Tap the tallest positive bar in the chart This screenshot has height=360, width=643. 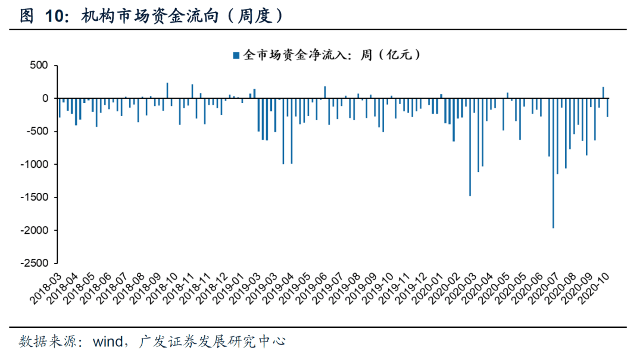click(x=167, y=90)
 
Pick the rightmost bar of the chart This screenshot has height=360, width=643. click(x=607, y=107)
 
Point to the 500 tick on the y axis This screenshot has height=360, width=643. click(x=38, y=65)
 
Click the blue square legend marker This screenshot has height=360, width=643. click(x=236, y=55)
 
